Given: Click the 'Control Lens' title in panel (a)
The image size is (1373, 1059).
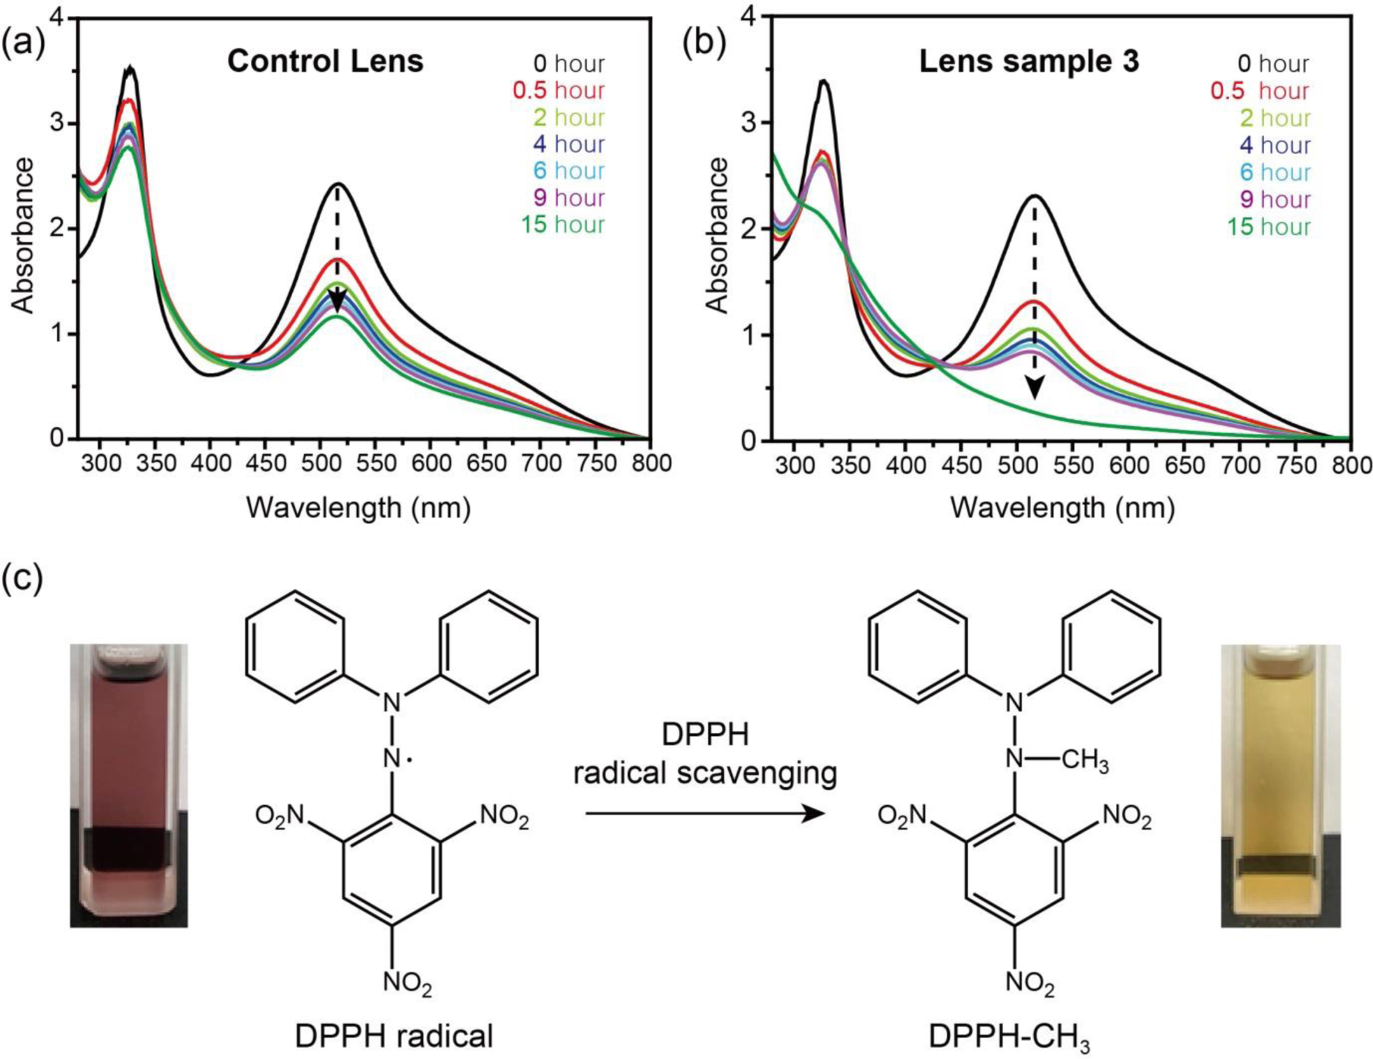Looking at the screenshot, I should (325, 62).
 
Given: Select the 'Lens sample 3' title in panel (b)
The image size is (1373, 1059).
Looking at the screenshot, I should (1029, 62).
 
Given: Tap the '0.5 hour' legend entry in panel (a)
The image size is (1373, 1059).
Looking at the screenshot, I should (558, 90).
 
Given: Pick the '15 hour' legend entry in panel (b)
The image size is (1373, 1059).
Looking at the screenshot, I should (1269, 226).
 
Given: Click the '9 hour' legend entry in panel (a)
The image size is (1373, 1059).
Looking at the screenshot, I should (568, 198).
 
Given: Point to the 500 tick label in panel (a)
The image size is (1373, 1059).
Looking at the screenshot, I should (322, 462).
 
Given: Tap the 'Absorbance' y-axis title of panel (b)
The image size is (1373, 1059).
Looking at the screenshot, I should (717, 235).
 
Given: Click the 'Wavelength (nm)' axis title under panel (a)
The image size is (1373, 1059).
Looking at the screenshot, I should (358, 508).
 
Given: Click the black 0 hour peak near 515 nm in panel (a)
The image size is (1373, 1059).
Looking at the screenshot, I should (338, 184).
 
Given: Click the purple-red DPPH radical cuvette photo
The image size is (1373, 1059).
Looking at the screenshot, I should (129, 785).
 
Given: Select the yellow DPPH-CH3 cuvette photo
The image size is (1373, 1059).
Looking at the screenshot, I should (1281, 785).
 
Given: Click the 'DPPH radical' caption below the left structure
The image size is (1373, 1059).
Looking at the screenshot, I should (394, 1035).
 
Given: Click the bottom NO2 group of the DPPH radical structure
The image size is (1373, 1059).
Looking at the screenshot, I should (407, 983).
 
